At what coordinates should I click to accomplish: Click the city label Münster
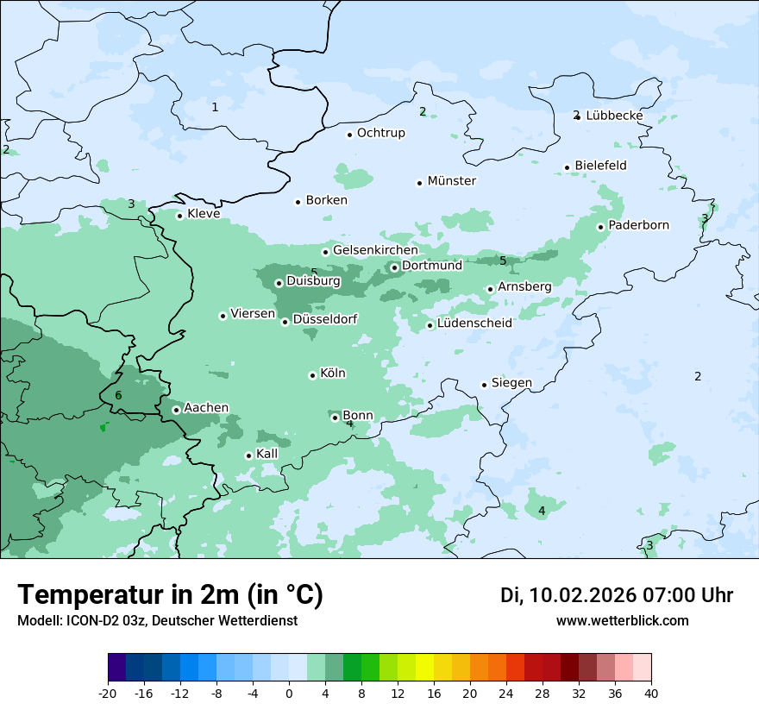(451, 181)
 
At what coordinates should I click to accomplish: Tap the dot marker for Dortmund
(394, 267)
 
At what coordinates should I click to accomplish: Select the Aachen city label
(206, 408)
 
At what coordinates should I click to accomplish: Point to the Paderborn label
(638, 226)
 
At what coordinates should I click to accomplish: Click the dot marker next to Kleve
(179, 216)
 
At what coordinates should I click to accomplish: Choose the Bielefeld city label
(600, 166)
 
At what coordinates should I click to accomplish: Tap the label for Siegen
(511, 383)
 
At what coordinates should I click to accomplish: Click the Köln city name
(333, 374)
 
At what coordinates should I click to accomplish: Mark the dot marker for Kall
(248, 455)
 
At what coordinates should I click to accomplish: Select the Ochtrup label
(380, 133)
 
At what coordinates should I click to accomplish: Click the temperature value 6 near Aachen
(118, 396)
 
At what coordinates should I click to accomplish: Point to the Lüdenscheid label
(474, 323)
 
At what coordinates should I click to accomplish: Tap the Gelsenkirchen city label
(375, 250)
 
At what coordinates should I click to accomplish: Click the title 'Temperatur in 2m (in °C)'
(170, 595)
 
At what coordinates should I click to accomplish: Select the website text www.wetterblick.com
(622, 621)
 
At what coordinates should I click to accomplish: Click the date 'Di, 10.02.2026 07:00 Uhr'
(617, 595)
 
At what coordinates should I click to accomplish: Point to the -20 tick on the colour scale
(108, 693)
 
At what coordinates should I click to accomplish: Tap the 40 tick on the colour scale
(651, 693)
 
